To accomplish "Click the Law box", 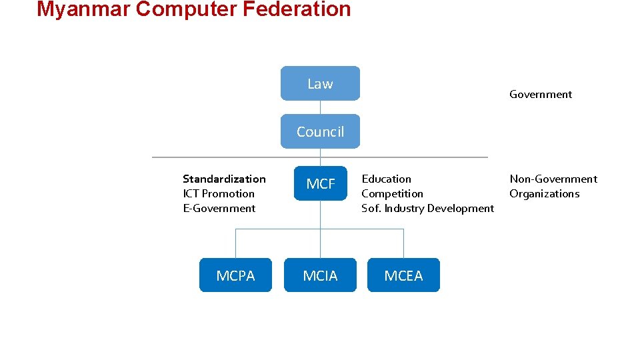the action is (x=320, y=83).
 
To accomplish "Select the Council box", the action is (x=320, y=131).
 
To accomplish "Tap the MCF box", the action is (x=320, y=183).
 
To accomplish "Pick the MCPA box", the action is (x=235, y=275).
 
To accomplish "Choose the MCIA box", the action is (x=320, y=275).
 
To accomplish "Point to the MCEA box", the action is (x=403, y=275).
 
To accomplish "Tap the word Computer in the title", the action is (x=186, y=9).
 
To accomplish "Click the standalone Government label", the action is (x=541, y=95).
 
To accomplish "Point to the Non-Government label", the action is (x=553, y=179).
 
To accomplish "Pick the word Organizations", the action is (x=545, y=193).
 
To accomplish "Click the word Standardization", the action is (x=224, y=179).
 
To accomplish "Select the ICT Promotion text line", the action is (x=219, y=193).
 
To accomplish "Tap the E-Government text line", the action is (x=219, y=208).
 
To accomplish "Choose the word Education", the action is (x=386, y=179).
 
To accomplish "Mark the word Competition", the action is (x=392, y=193).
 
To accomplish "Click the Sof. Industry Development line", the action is (x=427, y=208).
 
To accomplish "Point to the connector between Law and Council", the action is (x=320, y=108).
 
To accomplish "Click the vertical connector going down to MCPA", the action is (x=235, y=243).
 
